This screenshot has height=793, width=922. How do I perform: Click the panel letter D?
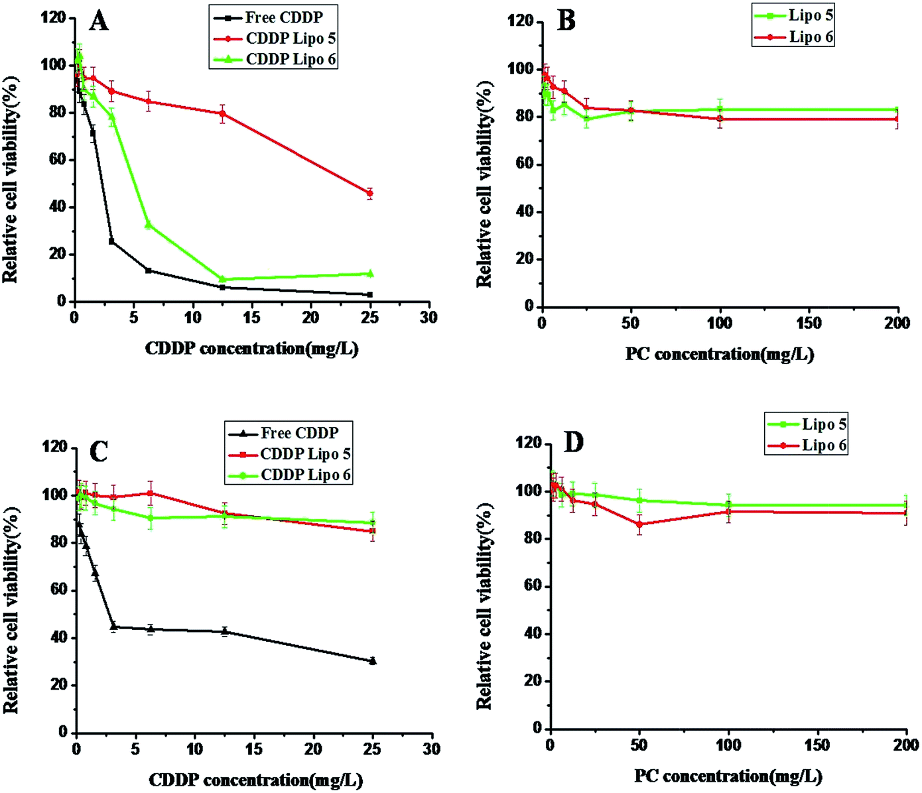click(x=574, y=442)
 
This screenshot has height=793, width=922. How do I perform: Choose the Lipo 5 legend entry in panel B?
click(x=793, y=15)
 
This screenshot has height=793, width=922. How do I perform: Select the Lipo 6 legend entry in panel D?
click(x=806, y=445)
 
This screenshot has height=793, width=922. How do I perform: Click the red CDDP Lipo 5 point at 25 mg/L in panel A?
click(x=369, y=193)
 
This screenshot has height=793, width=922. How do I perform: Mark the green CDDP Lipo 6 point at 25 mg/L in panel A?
click(x=369, y=273)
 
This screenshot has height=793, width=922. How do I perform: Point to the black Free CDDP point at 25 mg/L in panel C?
click(x=373, y=661)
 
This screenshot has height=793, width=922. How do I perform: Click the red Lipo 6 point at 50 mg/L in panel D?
click(x=639, y=524)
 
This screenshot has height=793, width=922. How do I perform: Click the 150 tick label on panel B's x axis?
click(x=809, y=323)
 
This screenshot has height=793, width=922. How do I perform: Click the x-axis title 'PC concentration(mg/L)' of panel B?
click(x=720, y=354)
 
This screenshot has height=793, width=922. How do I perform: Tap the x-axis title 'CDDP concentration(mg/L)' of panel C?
click(x=255, y=780)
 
